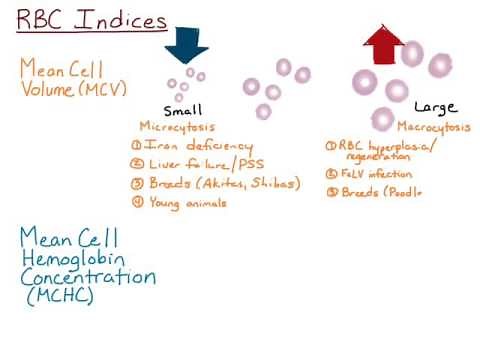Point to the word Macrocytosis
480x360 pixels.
point(434,127)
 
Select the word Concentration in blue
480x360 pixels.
point(87,277)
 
